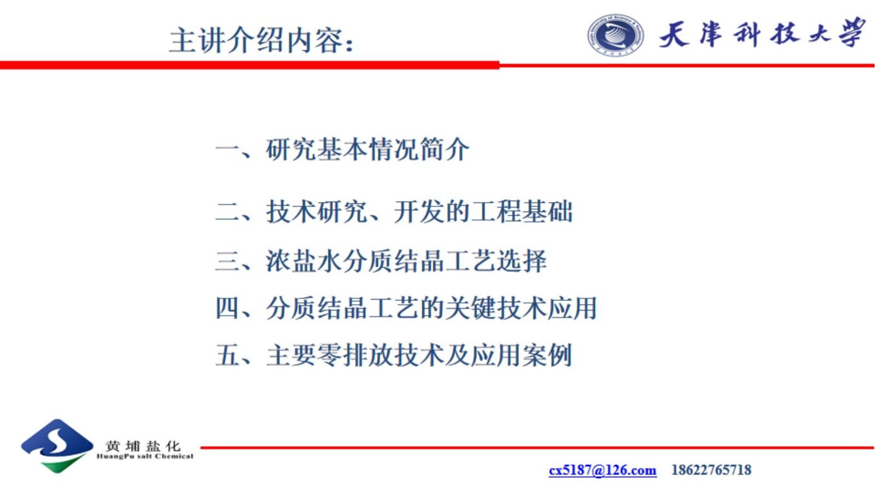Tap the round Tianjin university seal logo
click(x=615, y=35)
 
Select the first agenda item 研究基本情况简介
click(x=367, y=150)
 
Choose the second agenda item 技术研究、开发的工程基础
click(x=419, y=212)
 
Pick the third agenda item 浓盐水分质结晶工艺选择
click(x=406, y=261)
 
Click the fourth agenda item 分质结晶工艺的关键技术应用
click(x=431, y=308)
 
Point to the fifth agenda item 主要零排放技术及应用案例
click(x=419, y=355)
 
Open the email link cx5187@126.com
click(x=602, y=470)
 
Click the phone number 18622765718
click(x=711, y=470)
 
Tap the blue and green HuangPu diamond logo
click(x=56, y=446)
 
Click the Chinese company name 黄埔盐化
click(x=143, y=445)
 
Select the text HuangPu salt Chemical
click(x=145, y=456)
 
